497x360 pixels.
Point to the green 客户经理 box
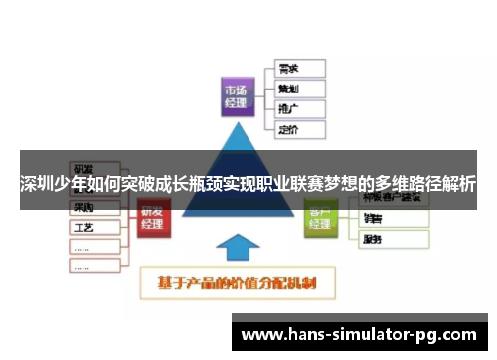pos(320,218)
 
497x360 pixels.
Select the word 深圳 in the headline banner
pos(35,185)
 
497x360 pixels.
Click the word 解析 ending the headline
pos(458,185)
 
